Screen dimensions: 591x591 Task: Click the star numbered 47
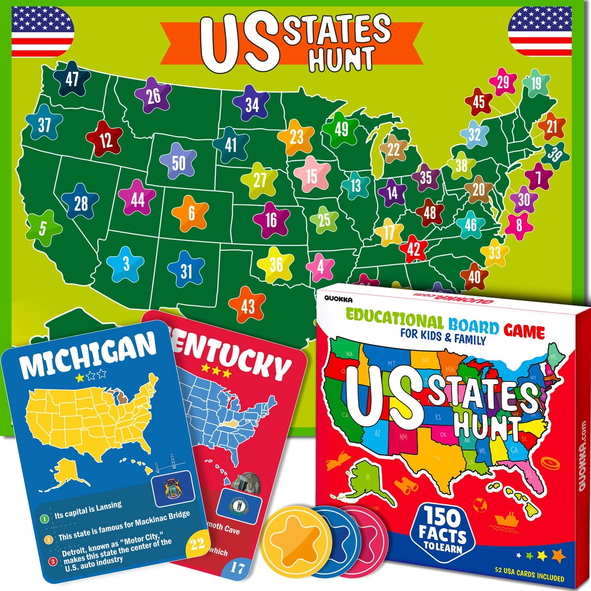click(x=72, y=79)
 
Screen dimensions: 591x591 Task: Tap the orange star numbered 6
click(x=191, y=213)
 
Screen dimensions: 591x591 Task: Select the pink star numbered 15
click(x=312, y=176)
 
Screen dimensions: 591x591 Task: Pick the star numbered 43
click(x=248, y=306)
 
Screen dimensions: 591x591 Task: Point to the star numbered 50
click(x=178, y=163)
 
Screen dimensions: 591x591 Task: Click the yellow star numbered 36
click(x=276, y=265)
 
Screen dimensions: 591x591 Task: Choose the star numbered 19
click(x=536, y=84)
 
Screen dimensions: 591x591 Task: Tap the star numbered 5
click(x=43, y=228)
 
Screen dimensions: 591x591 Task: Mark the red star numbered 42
click(x=413, y=250)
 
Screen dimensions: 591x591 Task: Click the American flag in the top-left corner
click(x=42, y=31)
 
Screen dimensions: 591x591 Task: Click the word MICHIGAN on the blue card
click(x=88, y=354)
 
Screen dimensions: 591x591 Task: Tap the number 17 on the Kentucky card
click(x=237, y=567)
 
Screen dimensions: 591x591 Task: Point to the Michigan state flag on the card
click(x=173, y=488)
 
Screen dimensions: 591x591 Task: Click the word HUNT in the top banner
click(x=342, y=59)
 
